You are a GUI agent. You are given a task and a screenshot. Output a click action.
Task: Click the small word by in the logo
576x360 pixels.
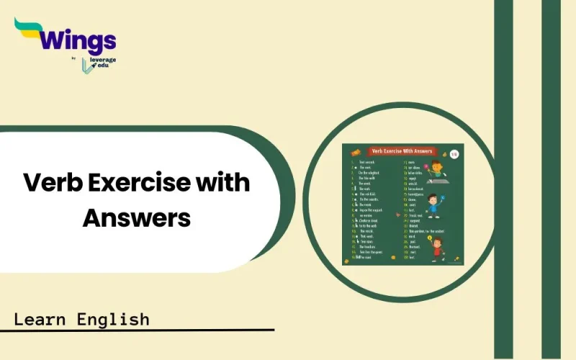point(74,60)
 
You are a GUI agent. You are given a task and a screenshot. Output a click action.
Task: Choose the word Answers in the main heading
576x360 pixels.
point(136,216)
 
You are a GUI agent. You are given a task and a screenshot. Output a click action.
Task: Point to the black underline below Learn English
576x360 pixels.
point(137,330)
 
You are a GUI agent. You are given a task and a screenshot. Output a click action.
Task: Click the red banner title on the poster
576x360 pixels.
point(402,151)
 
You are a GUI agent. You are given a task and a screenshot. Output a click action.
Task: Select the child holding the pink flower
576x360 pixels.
point(436,171)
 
